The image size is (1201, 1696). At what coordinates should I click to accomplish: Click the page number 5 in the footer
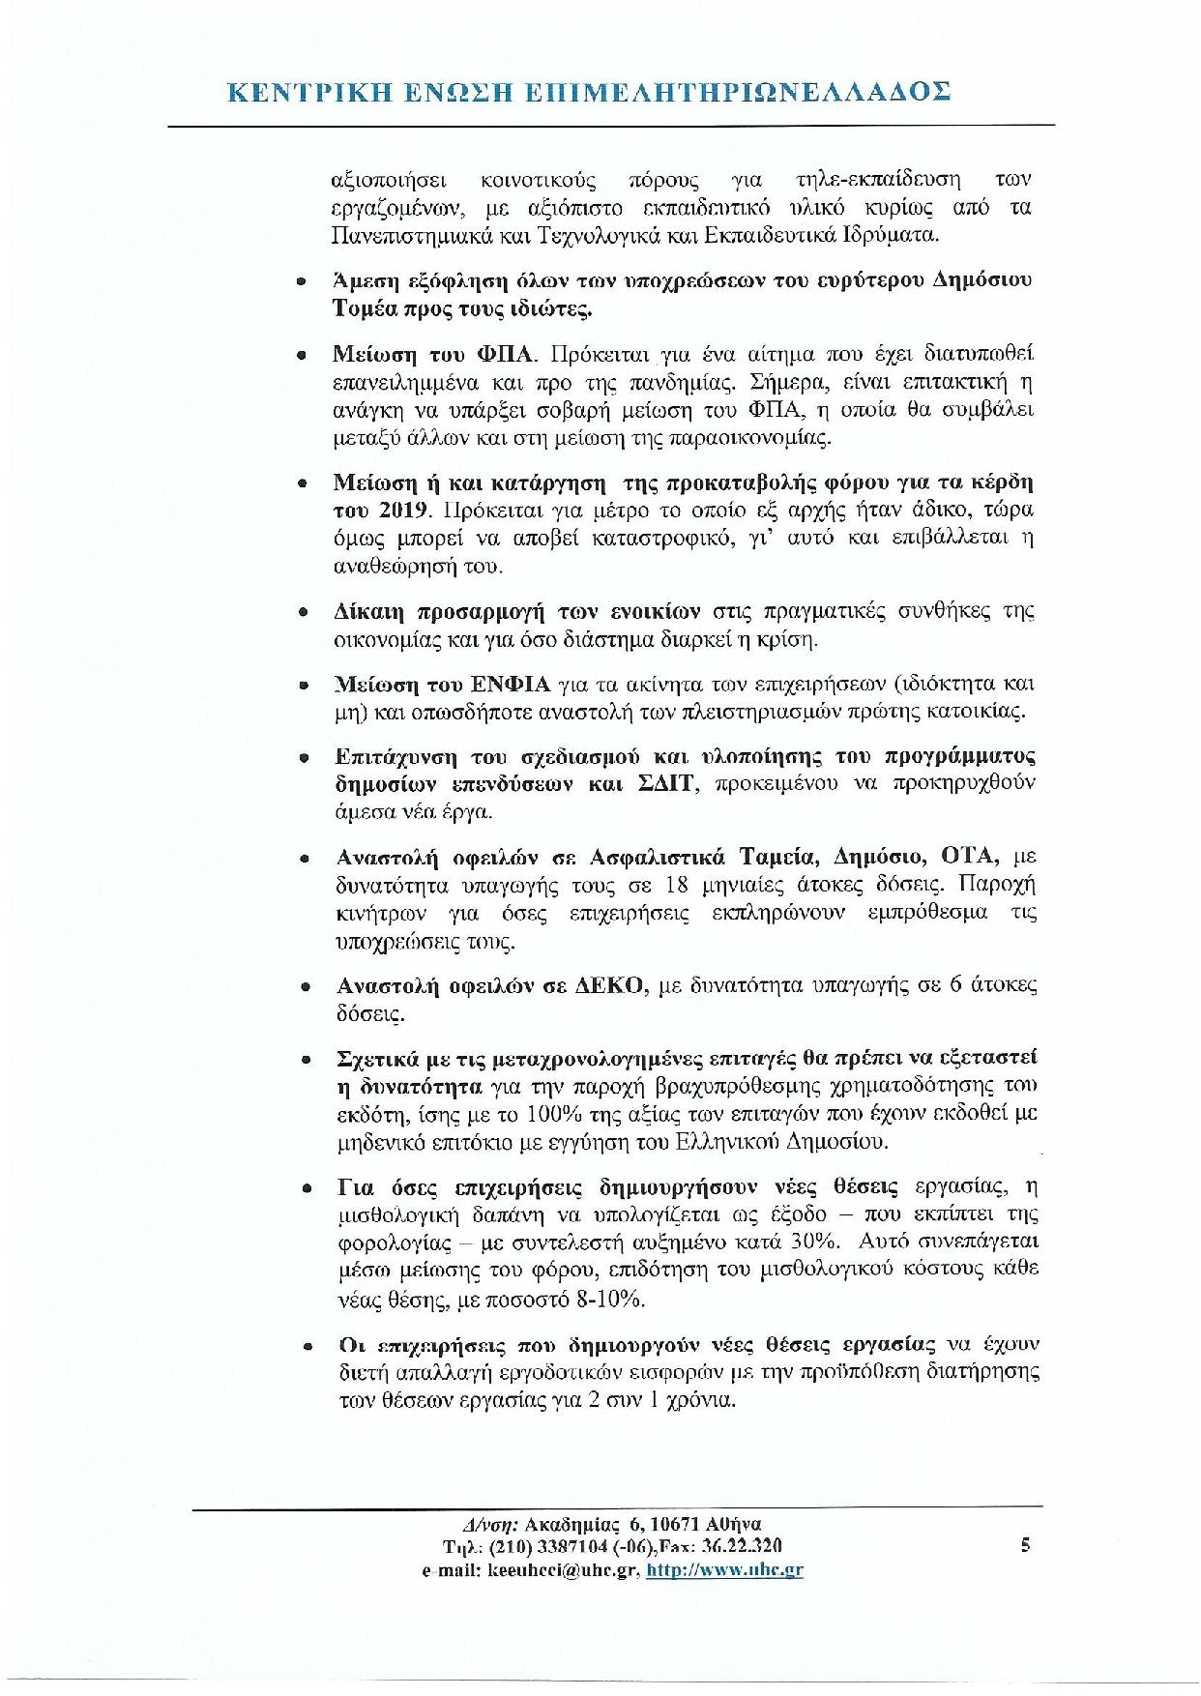tap(1025, 1545)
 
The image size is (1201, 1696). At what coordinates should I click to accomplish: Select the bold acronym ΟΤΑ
tap(977, 857)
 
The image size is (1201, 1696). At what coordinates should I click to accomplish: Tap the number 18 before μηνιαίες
tap(678, 885)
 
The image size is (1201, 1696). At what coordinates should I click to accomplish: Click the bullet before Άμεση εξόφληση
tap(302, 281)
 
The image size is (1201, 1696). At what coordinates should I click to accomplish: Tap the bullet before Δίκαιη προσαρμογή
tap(304, 612)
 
